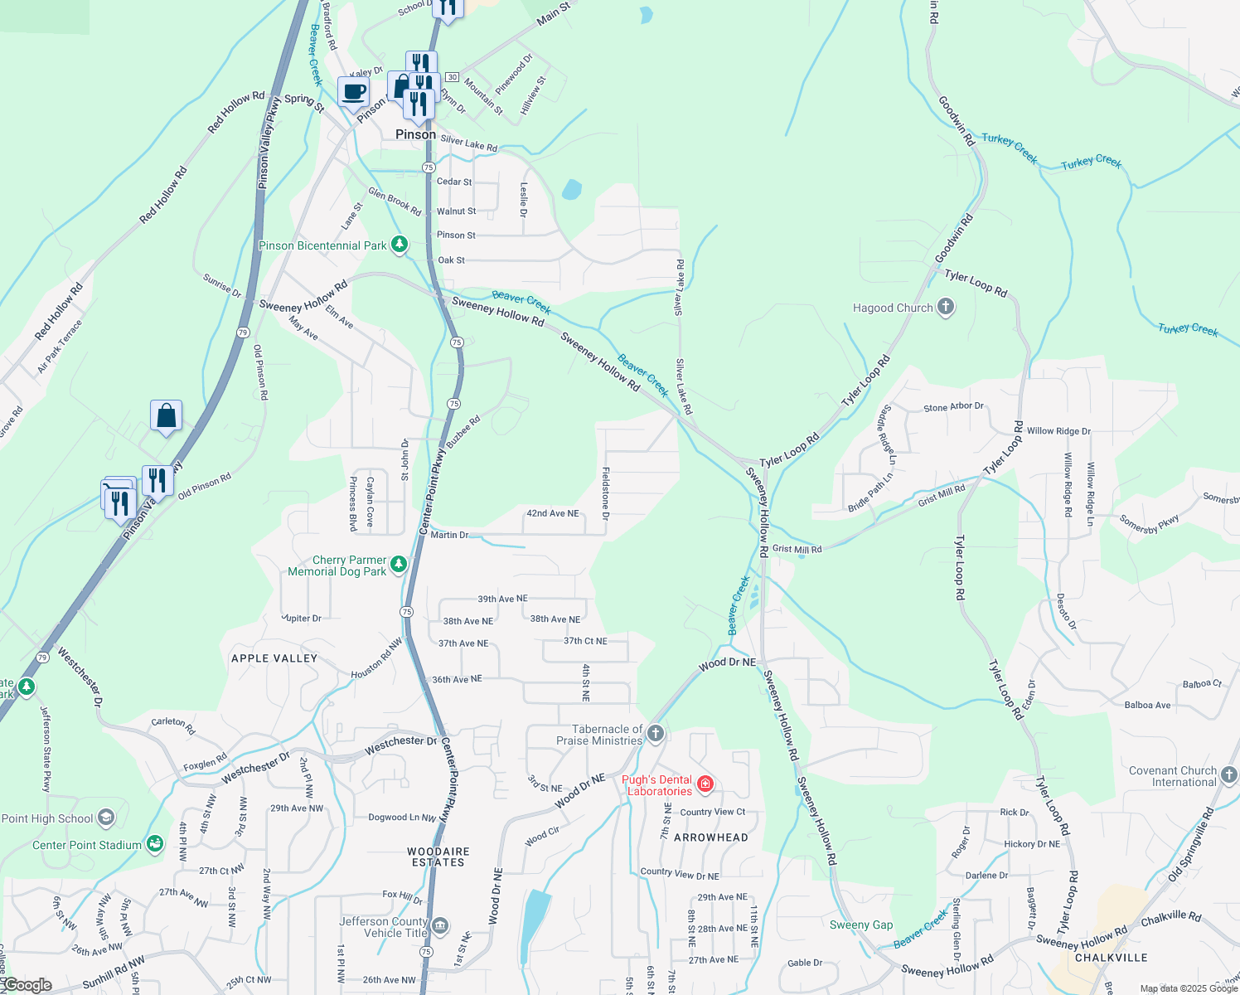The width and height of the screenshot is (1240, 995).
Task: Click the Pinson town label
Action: point(415,134)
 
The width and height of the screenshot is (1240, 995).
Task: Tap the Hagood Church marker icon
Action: point(946,308)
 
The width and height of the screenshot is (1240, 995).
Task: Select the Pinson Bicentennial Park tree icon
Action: point(400,245)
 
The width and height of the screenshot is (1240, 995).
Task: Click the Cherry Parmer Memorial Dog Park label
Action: point(337,566)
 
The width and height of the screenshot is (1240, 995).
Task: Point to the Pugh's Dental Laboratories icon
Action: point(705,784)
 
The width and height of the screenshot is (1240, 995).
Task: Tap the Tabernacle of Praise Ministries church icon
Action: point(656,733)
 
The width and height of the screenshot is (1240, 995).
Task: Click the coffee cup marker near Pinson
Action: point(353,92)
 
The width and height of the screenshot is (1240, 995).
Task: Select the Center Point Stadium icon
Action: point(154,844)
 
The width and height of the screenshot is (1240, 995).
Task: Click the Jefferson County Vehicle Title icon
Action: point(440,925)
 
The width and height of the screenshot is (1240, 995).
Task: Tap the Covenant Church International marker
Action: point(1228,774)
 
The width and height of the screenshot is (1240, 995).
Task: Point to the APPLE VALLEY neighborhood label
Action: point(274,658)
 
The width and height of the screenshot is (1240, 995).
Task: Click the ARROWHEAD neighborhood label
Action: point(711,837)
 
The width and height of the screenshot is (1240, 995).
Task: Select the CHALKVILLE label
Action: point(1112,958)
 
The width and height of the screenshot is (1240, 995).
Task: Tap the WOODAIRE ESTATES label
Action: point(438,857)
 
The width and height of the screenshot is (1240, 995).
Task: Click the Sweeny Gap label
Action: point(861,925)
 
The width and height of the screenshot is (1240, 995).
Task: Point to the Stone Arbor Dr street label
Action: point(953,407)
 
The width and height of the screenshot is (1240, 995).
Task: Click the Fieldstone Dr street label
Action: point(606,493)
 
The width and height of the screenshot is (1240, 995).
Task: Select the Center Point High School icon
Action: point(105,818)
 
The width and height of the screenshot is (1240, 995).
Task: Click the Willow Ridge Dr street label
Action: point(1058,431)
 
